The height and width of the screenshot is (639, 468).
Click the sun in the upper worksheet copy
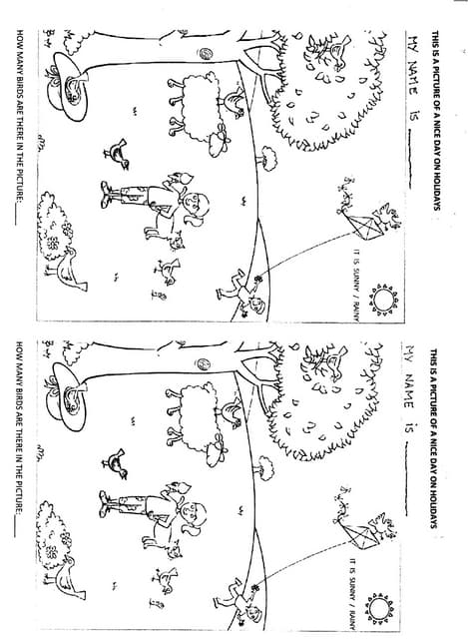coord(382,299)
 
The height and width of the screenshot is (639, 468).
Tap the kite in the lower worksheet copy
coord(367,529)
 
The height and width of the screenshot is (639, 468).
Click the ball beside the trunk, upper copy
coord(205,55)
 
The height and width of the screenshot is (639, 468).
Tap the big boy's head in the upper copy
coord(197,208)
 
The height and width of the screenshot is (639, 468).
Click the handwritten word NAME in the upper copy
coord(408,75)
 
